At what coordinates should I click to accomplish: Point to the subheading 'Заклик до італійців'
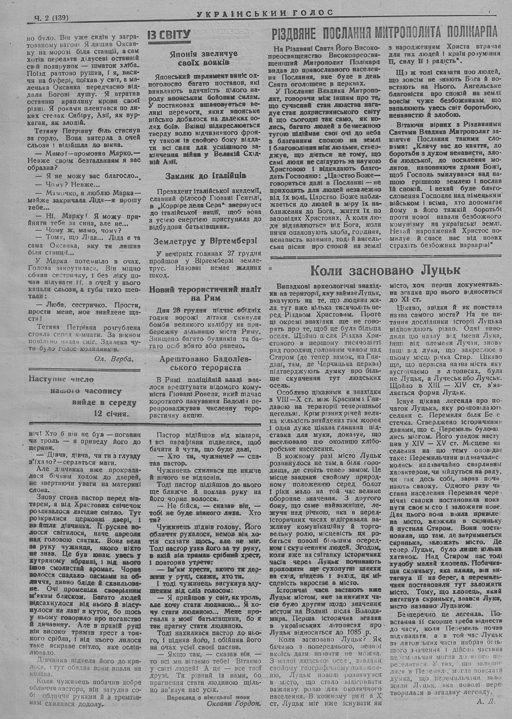[x=200, y=176]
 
